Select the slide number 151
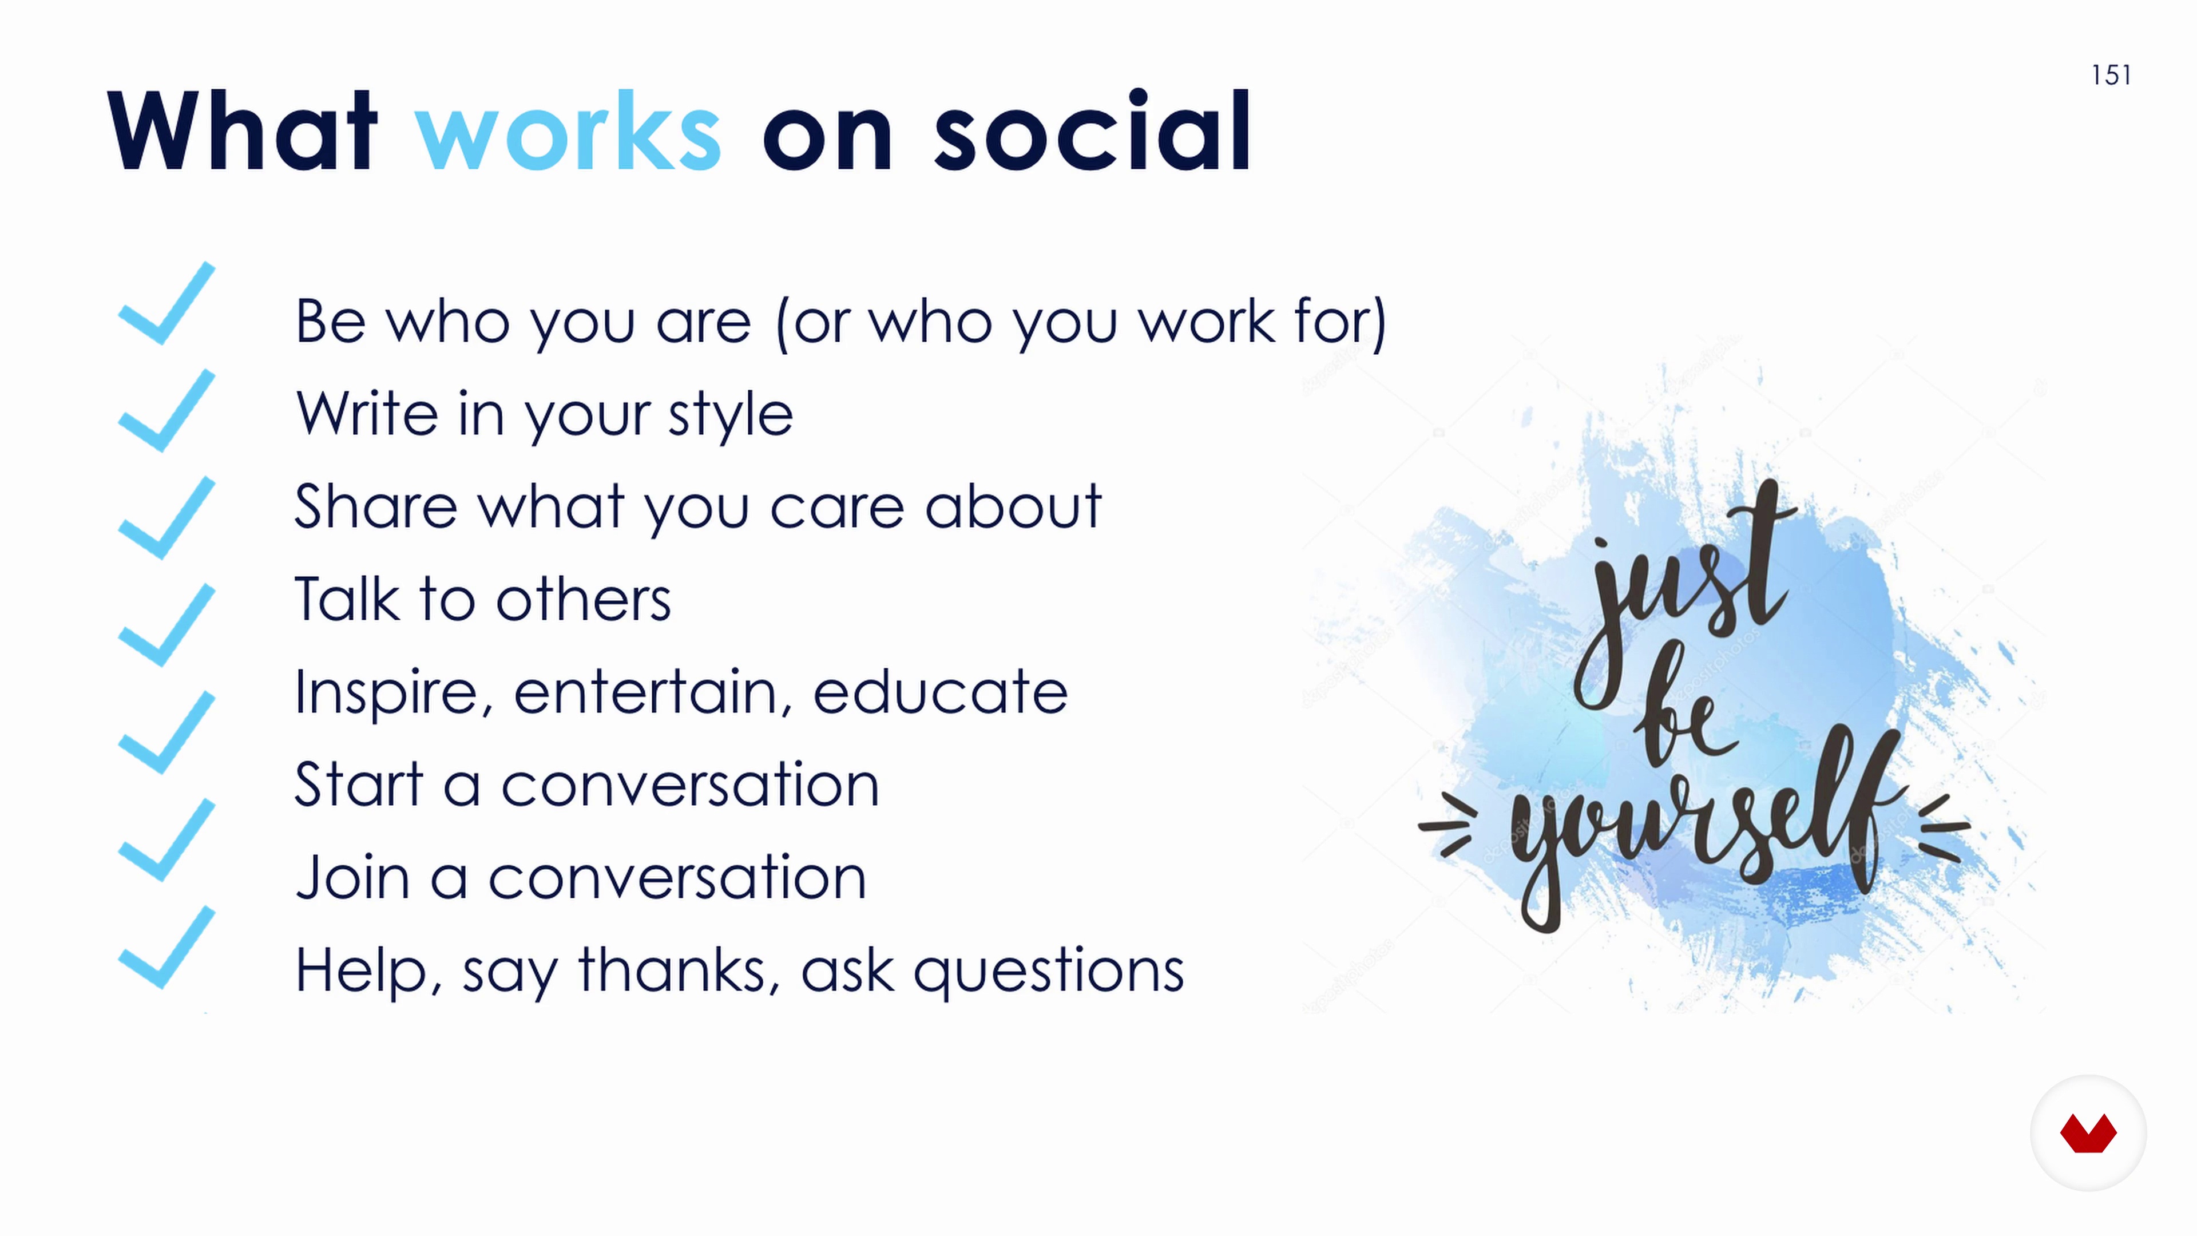point(2112,75)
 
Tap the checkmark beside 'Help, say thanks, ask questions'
point(167,947)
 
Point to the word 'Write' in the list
point(367,414)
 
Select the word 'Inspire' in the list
point(388,692)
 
